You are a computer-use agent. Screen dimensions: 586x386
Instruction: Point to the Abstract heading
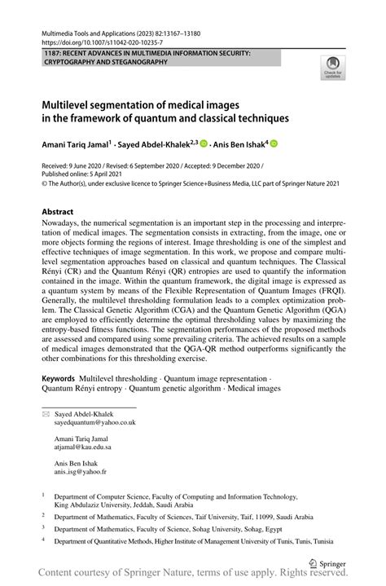64,211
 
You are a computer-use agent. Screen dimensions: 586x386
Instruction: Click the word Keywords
59,380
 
